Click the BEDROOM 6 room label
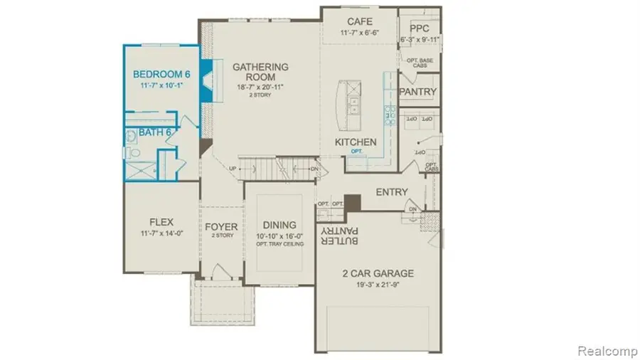(x=162, y=73)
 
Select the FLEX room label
(x=161, y=222)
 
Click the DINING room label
(x=279, y=224)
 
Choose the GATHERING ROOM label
(x=261, y=72)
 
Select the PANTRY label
(x=417, y=92)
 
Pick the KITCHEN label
(x=356, y=142)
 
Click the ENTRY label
(x=391, y=192)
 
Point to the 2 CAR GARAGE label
(x=377, y=274)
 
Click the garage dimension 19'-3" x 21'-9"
(x=377, y=285)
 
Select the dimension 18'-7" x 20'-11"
(x=261, y=87)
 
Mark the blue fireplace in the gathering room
(x=206, y=80)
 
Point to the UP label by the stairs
(x=233, y=168)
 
